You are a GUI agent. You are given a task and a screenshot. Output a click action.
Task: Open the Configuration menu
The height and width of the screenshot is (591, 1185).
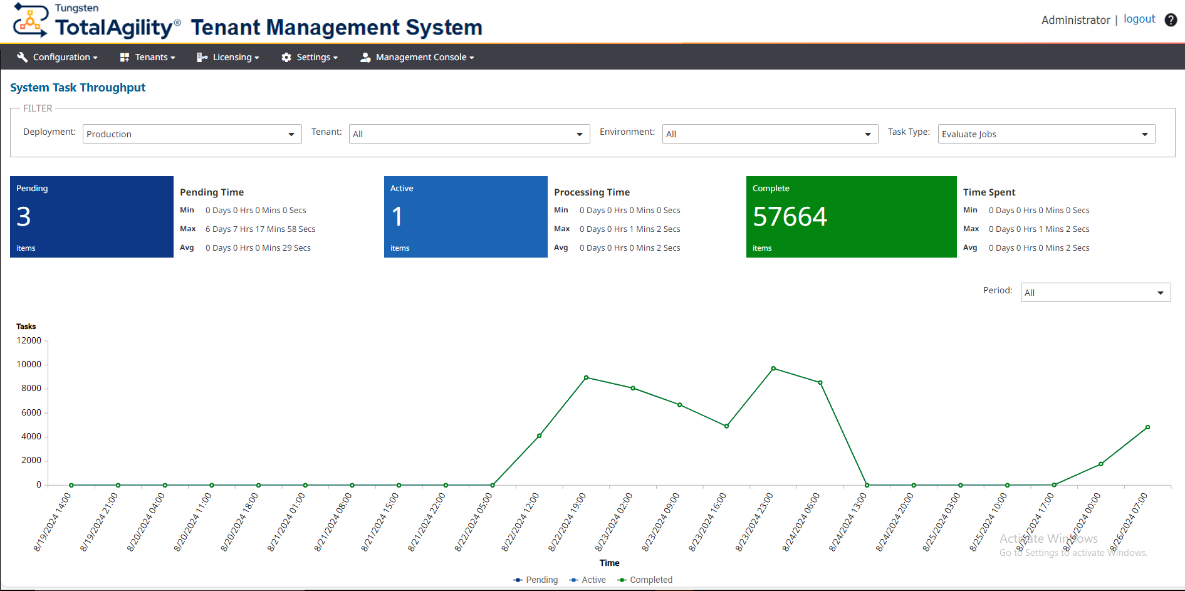pos(58,57)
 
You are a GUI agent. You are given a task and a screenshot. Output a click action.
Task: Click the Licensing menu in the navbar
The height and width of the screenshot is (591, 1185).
pos(228,57)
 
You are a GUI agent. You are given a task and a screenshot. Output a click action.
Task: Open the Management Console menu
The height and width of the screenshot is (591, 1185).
pos(417,57)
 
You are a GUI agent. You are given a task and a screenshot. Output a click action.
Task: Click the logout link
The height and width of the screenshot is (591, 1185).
pos(1139,19)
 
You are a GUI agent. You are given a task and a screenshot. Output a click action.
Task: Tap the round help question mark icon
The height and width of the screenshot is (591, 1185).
pos(1170,20)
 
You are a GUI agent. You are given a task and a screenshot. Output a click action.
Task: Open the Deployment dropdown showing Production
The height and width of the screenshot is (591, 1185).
pos(192,134)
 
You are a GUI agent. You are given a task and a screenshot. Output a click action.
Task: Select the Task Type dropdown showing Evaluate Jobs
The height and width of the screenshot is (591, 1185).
pos(1045,134)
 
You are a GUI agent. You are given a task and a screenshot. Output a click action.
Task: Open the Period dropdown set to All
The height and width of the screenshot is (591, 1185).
pos(1095,293)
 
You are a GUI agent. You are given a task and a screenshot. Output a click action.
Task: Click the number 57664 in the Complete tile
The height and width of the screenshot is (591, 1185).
pos(790,217)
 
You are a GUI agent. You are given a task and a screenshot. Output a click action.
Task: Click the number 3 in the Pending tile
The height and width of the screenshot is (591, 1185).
pos(24,217)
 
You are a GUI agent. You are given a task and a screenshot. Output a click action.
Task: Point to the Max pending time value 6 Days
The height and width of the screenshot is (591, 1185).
pos(260,229)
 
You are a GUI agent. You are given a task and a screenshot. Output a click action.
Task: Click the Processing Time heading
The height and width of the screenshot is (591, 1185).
pos(592,192)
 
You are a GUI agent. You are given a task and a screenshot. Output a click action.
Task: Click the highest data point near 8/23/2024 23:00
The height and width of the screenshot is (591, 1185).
pos(773,369)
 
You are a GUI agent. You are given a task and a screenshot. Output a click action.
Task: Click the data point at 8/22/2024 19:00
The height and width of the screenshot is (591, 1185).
pos(586,378)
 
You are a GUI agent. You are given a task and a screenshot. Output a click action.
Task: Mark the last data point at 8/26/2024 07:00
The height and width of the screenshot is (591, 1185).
pos(1147,427)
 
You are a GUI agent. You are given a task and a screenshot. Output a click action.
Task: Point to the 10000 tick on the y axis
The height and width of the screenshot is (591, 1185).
pos(29,364)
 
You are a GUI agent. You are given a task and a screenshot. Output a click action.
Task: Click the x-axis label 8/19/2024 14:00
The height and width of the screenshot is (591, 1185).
pos(53,521)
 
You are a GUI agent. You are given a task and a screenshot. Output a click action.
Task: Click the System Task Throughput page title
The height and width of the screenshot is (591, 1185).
pos(78,88)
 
